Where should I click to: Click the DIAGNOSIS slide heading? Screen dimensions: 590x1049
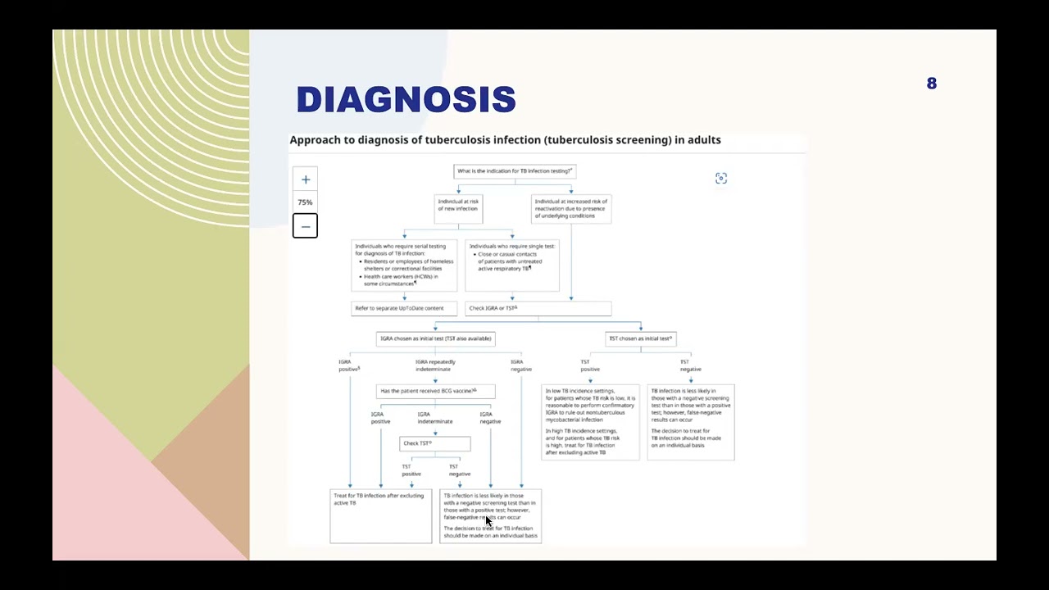point(406,100)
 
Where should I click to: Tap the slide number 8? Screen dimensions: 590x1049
point(932,84)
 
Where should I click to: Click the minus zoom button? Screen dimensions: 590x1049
point(305,226)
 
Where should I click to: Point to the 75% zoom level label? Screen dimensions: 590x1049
point(305,202)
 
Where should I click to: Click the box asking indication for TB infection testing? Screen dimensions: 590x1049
point(515,171)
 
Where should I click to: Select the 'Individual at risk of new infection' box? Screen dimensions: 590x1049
point(458,208)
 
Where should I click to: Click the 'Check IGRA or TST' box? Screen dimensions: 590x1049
point(538,308)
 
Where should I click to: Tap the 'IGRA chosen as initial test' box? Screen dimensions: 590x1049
point(435,338)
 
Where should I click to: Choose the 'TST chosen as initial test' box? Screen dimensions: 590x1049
point(641,338)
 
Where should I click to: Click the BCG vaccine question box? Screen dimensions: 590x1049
point(435,391)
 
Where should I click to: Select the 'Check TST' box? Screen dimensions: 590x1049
point(435,443)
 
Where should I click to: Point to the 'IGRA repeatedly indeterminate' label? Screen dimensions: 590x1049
point(435,365)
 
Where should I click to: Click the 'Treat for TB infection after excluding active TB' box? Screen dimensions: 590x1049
point(380,515)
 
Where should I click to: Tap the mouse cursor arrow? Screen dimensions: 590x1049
point(488,520)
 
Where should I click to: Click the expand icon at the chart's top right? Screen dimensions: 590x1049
point(721,179)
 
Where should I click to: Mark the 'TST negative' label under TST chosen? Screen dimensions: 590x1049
point(690,365)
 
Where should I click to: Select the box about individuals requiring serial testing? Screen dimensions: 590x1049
point(404,265)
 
